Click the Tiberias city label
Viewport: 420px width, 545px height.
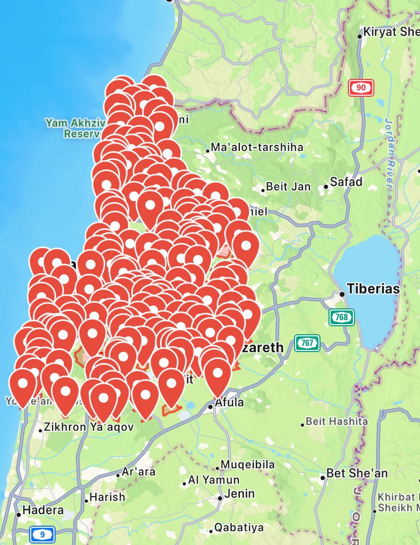373,289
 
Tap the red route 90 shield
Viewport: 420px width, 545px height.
361,88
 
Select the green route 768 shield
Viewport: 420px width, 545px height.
341,317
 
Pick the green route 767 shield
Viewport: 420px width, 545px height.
307,343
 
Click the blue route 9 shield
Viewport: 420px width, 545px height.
42,535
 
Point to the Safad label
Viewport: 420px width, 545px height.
346,182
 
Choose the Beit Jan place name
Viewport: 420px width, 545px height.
288,187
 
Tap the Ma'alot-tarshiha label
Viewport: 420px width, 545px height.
257,147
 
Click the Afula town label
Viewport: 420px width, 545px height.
229,402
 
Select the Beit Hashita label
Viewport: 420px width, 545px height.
337,421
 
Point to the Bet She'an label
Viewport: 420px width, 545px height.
357,473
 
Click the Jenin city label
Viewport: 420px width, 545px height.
239,494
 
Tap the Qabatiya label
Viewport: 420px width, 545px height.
239,527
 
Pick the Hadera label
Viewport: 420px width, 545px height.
43,510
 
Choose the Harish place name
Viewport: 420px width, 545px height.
107,497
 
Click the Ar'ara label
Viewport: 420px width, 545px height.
138,472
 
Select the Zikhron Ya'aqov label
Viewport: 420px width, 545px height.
88,427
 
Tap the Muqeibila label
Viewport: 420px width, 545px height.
247,465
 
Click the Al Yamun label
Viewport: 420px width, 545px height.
214,480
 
